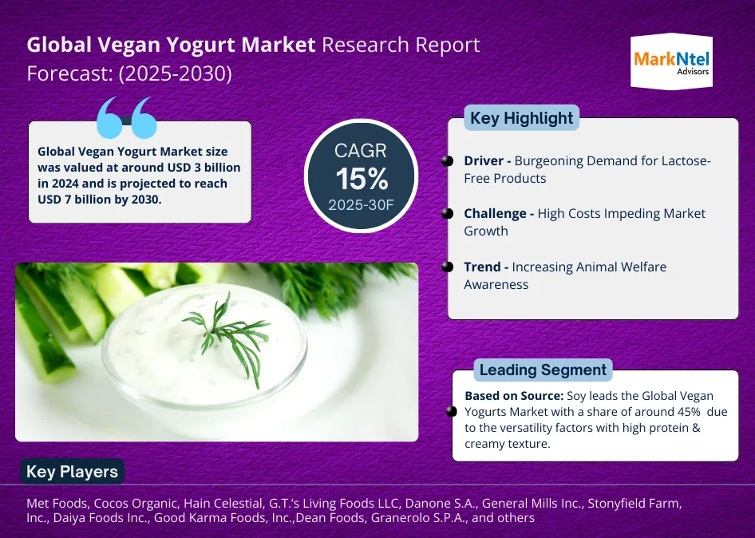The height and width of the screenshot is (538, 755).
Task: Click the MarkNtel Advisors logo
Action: (672, 61)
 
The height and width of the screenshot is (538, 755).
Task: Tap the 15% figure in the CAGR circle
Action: (362, 179)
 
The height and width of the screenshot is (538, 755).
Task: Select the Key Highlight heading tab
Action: (521, 118)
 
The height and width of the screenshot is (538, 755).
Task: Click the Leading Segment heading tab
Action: (544, 370)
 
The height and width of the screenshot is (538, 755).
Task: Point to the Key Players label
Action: (72, 472)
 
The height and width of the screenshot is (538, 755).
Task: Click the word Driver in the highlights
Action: (484, 160)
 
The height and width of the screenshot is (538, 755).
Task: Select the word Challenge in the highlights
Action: (495, 213)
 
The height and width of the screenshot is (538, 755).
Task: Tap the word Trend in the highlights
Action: (482, 267)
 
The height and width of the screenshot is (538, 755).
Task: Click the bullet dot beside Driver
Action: (447, 161)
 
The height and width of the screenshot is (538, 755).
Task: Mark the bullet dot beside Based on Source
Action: (451, 411)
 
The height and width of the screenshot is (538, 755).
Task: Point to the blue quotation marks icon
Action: (127, 118)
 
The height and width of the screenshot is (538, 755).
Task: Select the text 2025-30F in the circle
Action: (361, 205)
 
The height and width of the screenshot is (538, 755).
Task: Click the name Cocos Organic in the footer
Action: (135, 504)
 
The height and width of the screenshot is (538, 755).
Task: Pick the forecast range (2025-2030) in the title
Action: (176, 73)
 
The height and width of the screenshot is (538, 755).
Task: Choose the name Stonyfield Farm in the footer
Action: (634, 504)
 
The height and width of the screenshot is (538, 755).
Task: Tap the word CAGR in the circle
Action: (361, 151)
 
